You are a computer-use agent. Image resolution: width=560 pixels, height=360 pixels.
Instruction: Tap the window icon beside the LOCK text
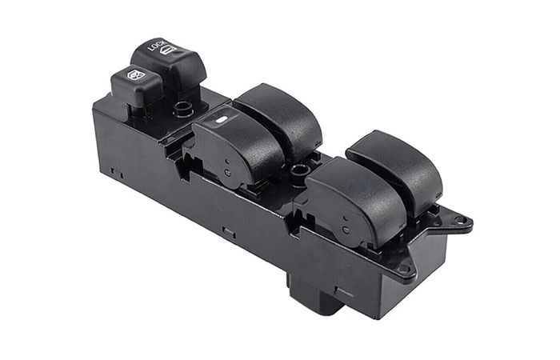pyautogui.click(x=168, y=50)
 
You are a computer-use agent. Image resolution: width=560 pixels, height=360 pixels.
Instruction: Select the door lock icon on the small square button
pyautogui.click(x=136, y=74)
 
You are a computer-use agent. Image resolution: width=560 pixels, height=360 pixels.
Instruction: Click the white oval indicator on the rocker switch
pyautogui.click(x=222, y=120)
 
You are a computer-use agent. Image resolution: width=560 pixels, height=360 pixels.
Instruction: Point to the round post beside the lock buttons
pyautogui.click(x=183, y=109)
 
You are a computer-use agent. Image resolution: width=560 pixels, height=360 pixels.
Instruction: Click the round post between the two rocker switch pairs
pyautogui.click(x=299, y=171)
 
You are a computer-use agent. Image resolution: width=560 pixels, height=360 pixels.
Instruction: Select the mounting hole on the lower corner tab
pyautogui.click(x=403, y=268)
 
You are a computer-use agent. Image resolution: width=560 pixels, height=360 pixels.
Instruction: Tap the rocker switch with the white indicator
pyautogui.click(x=236, y=146)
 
